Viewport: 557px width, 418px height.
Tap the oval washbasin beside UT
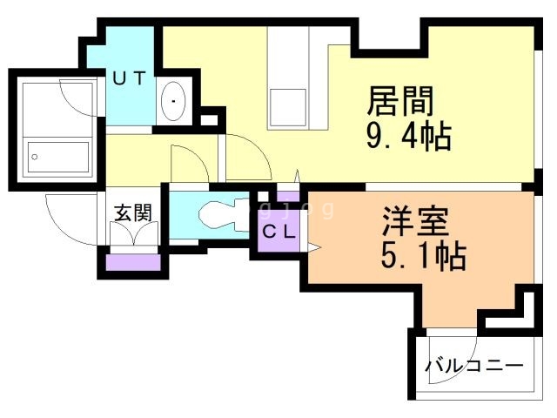(173, 102)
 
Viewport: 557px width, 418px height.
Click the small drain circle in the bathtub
(36, 158)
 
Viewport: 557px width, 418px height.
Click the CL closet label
(279, 233)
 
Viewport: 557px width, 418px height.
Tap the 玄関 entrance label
(133, 212)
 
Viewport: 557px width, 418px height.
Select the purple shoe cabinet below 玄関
(133, 260)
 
